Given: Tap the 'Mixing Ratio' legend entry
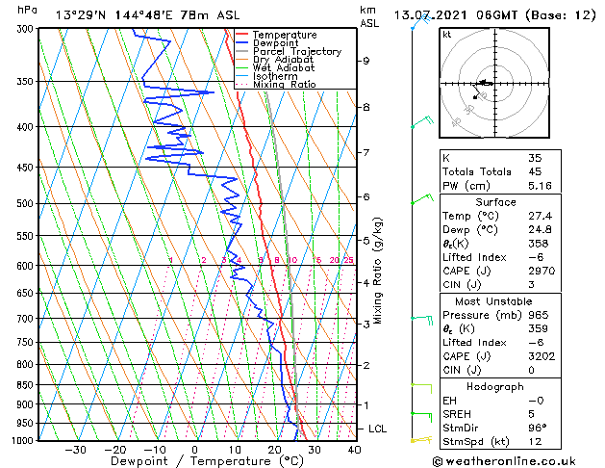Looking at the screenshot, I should click(284, 85).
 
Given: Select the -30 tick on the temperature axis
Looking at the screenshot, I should click(75, 450).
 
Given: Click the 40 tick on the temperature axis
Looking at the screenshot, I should click(354, 450).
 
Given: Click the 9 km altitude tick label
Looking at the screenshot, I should click(366, 61).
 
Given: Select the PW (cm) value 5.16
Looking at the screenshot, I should click(538, 186).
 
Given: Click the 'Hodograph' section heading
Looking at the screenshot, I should click(495, 386).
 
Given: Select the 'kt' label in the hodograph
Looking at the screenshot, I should click(447, 35).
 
